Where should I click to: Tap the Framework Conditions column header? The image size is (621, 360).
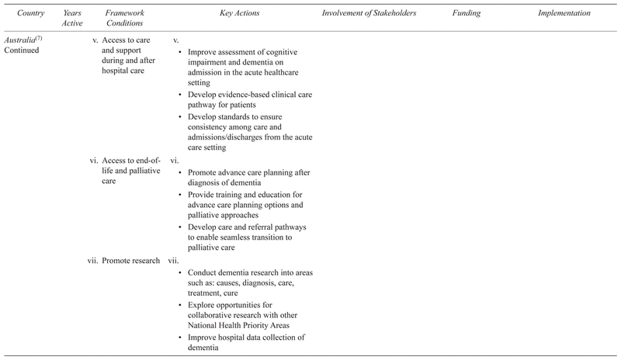127,19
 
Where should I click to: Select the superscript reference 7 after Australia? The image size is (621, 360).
43,36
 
